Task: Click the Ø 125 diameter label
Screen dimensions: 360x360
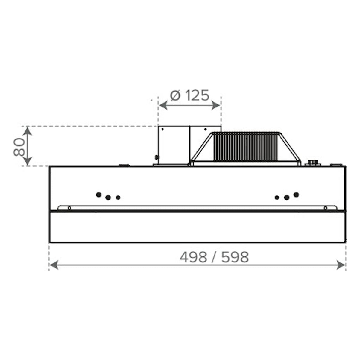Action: click(189, 95)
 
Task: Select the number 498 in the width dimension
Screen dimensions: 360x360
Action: click(193, 257)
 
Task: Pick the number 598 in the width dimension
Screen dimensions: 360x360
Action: click(235, 257)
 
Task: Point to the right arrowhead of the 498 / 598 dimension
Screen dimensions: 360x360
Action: click(341, 265)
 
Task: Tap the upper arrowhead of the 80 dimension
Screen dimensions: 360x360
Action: click(28, 131)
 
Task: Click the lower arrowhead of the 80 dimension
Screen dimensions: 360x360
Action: click(28, 161)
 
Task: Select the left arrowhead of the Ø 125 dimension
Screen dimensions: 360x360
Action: click(163, 106)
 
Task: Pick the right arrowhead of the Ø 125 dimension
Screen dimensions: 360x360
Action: click(216, 106)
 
